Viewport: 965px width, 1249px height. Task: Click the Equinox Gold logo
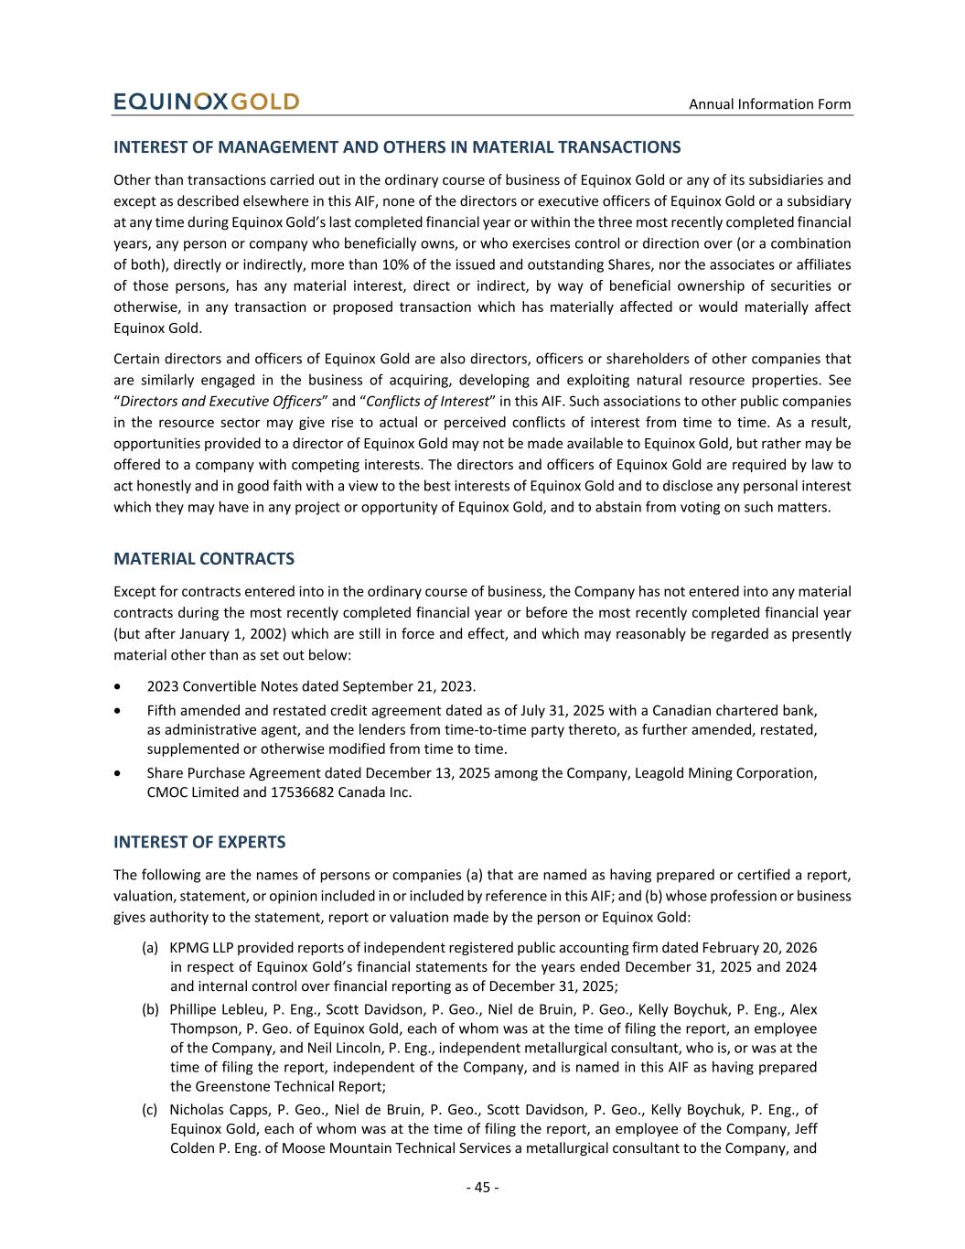(206, 102)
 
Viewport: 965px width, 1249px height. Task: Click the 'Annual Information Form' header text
(769, 104)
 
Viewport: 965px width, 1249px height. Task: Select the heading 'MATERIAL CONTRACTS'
(204, 559)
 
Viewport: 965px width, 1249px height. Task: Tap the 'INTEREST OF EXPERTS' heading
(199, 842)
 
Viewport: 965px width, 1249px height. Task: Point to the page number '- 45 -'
(482, 1188)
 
